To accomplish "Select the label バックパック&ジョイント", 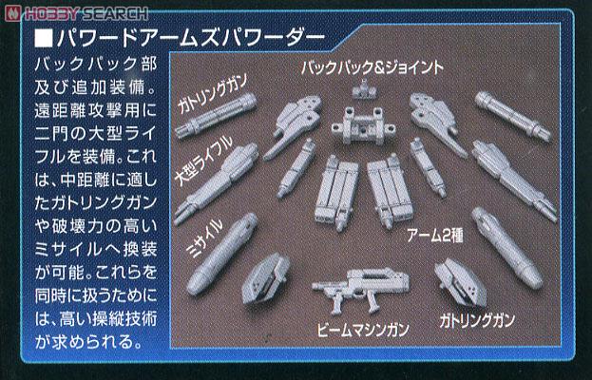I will click(372, 68).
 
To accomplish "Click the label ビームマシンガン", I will click(360, 330).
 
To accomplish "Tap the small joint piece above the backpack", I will click(361, 91).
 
